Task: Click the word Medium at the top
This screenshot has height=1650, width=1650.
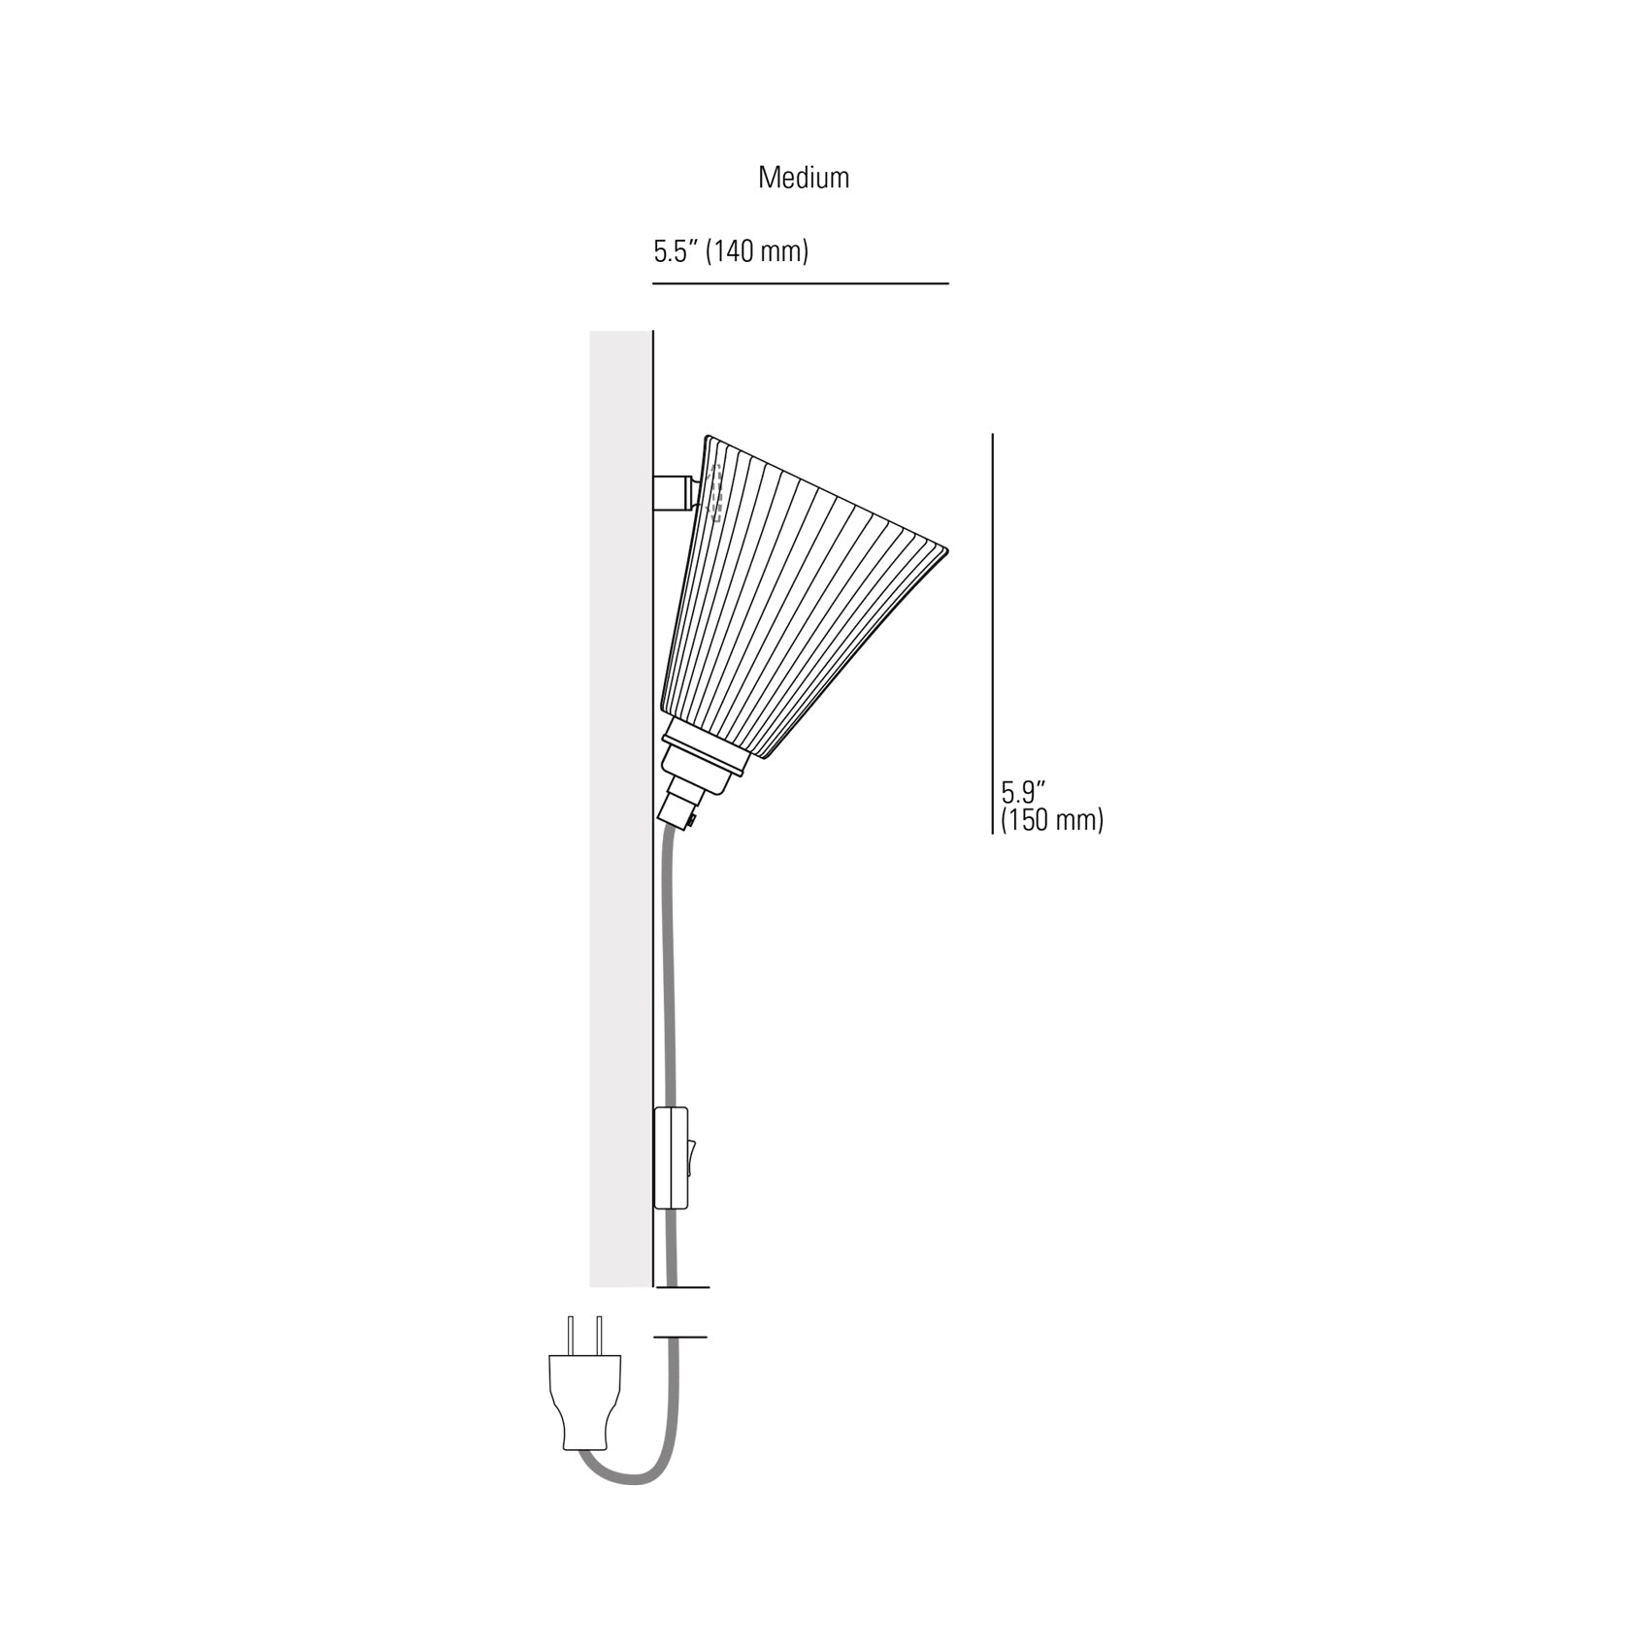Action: pos(804,178)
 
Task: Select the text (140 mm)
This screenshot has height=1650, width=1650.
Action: pos(756,252)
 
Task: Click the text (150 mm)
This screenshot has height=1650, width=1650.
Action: pos(1052,820)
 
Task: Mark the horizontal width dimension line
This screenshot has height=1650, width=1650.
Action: pos(801,283)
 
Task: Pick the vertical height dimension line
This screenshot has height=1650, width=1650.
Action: pos(992,633)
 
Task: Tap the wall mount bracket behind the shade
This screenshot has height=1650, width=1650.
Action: pos(675,493)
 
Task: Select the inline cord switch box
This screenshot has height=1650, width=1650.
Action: pos(671,1157)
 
